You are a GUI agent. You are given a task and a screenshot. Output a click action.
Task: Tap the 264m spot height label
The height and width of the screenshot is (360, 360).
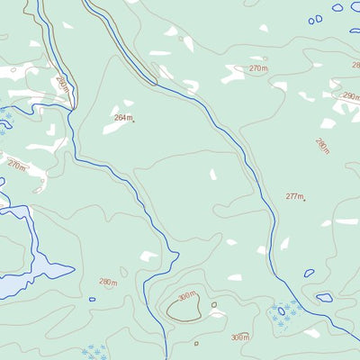[122, 118]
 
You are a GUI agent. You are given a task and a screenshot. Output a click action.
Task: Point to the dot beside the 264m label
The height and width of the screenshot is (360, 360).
[134, 121]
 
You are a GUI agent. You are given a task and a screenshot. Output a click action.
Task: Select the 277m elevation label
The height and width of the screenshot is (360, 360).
[294, 196]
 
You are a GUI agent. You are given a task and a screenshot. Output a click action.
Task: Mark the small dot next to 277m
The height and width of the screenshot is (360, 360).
[305, 200]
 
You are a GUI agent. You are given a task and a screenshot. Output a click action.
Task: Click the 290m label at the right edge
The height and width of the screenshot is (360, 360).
[350, 95]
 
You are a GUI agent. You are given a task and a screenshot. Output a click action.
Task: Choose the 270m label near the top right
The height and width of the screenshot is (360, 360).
[258, 68]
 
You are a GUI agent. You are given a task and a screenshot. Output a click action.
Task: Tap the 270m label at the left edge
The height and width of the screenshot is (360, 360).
[16, 166]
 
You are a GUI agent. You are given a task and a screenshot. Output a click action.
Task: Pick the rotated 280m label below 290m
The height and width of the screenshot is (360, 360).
[322, 145]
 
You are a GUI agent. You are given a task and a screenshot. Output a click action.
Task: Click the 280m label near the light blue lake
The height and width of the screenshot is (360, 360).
[108, 282]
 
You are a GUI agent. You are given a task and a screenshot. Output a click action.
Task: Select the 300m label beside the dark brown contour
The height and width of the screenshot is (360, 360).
[186, 295]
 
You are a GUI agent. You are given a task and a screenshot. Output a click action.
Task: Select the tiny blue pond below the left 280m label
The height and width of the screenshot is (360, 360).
[92, 299]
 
